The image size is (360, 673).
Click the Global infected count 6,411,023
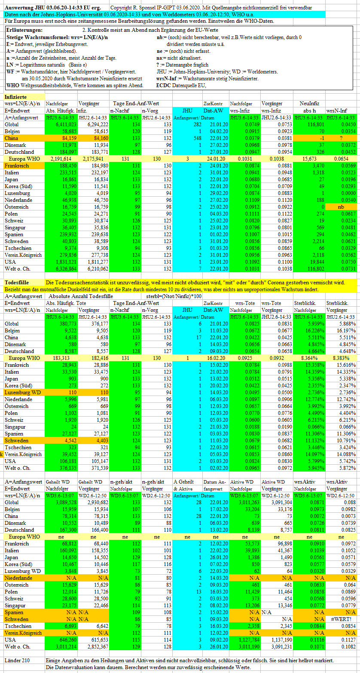(66, 125)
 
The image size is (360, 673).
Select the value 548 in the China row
(197, 138)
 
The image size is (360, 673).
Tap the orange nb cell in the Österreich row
(341, 207)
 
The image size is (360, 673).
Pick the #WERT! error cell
(341, 619)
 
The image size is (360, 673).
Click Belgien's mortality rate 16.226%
(314, 331)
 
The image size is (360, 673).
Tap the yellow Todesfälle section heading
(17, 283)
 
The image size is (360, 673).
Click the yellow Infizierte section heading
(15, 97)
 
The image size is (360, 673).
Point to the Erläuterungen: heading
(24, 30)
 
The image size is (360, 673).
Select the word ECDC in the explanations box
(164, 85)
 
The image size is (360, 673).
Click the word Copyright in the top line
(122, 7)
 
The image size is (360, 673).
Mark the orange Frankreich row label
(17, 166)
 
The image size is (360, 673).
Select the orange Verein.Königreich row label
(23, 633)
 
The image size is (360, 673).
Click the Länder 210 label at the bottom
(17, 661)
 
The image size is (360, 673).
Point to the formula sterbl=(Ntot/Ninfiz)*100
(174, 296)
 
